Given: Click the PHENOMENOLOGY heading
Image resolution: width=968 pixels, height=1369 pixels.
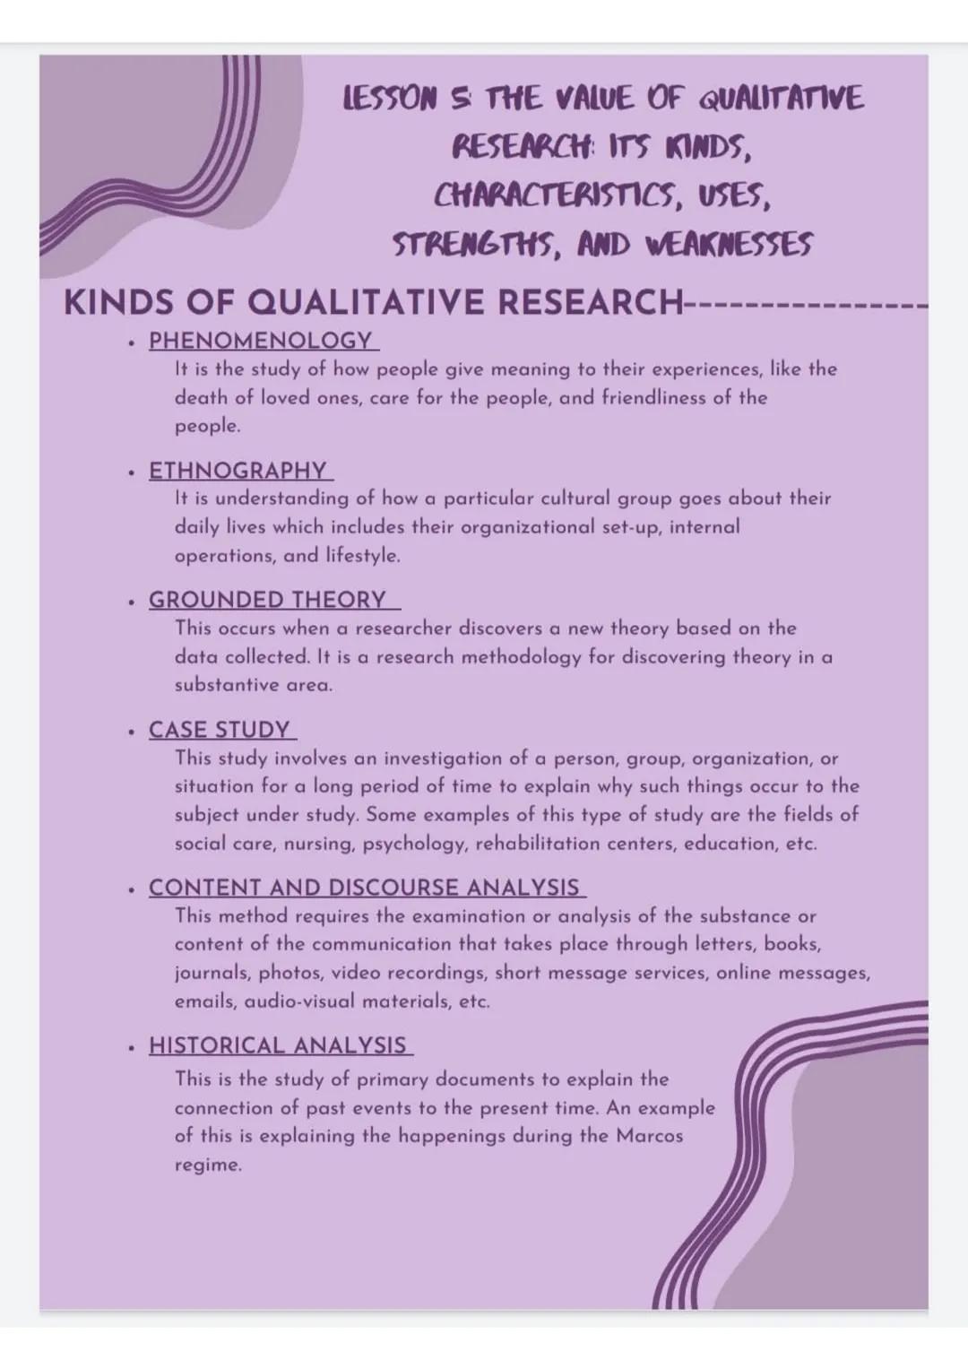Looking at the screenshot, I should (x=260, y=341).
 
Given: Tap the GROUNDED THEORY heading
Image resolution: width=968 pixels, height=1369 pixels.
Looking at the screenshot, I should (x=267, y=600).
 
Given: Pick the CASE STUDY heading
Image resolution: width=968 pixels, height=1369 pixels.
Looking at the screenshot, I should (x=220, y=730).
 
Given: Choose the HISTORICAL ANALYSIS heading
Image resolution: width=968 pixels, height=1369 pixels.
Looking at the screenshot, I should (x=277, y=1045).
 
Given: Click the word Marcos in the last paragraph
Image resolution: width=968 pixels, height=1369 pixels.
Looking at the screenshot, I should (x=649, y=1136).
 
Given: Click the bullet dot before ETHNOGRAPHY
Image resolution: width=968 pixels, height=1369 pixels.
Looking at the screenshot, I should (x=132, y=472).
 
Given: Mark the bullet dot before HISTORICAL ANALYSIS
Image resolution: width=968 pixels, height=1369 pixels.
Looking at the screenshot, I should (x=132, y=1046).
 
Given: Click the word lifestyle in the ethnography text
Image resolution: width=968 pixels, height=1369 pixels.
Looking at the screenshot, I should (x=361, y=555).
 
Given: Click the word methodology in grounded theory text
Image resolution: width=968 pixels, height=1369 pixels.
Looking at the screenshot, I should (x=519, y=657).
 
